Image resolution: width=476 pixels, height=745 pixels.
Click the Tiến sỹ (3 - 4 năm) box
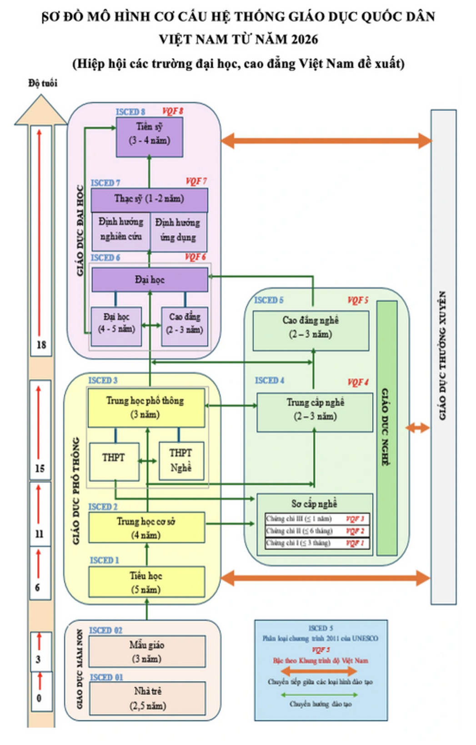point(150,137)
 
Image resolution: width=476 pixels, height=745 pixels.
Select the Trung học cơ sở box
point(146,528)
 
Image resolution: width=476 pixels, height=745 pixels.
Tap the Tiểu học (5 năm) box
point(146,582)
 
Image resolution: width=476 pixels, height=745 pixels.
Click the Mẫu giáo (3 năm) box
point(147,651)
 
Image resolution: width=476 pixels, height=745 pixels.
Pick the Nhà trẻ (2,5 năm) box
point(147,698)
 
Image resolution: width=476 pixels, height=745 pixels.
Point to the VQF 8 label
point(173,111)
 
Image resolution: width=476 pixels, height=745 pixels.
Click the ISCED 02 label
point(105,631)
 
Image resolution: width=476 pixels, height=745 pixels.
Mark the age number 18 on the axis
point(41,345)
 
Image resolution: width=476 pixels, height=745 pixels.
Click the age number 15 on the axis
point(40,468)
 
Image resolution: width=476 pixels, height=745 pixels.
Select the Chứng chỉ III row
point(315,519)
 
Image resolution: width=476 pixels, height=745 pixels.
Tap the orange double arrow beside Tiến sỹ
point(326,140)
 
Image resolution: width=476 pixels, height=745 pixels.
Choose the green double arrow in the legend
point(320,695)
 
